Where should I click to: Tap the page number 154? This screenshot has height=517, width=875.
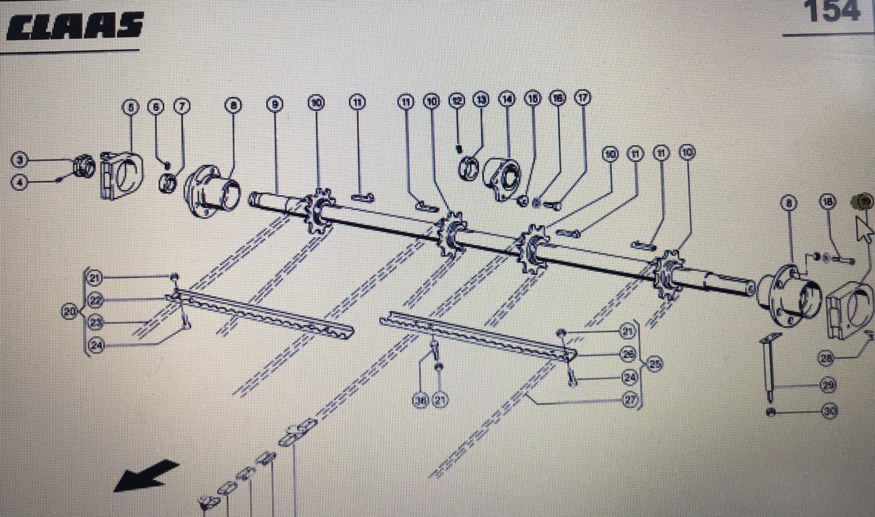point(833,11)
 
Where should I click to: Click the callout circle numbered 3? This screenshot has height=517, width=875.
point(20,160)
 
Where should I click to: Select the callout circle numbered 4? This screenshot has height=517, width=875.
point(20,182)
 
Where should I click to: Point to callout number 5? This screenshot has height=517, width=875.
point(130,106)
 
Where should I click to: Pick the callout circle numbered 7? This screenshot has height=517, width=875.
point(182,106)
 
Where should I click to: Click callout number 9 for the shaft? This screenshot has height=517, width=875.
point(274,104)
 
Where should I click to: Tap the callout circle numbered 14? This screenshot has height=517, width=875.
point(506,99)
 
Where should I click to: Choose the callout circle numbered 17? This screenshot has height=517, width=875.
point(582,98)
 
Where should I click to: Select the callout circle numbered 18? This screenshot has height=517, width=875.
point(828,201)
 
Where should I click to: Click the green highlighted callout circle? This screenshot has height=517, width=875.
point(861,201)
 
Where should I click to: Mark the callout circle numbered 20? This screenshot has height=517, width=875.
point(70,312)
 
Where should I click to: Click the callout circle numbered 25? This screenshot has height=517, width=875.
point(654,364)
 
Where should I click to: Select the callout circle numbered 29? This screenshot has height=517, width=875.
point(829,386)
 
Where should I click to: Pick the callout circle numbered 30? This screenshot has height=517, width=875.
point(829,411)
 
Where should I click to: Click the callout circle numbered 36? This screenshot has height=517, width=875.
point(421,401)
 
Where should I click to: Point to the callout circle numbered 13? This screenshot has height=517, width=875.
point(481,99)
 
